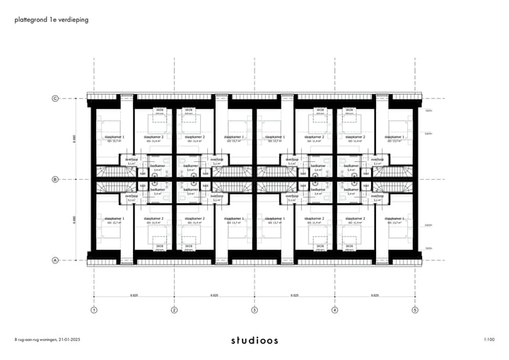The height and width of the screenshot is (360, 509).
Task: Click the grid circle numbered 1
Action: tap(93, 310)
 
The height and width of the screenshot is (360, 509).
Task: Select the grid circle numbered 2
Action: tap(174, 310)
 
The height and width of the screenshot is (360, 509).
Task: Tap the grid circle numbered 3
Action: tap(255, 310)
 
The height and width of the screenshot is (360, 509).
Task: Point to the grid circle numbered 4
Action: tap(334, 310)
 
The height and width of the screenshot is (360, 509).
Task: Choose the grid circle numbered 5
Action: tap(415, 310)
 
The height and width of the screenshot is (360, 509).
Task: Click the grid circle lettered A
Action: tap(55, 260)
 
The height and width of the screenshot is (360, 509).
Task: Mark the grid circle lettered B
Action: tap(55, 180)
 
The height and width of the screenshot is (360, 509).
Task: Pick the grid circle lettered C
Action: tap(55, 98)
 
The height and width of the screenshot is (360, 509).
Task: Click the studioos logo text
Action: tap(255, 340)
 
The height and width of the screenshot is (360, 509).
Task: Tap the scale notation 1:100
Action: tap(489, 340)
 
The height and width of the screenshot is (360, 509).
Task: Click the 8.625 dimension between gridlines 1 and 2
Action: tap(134, 295)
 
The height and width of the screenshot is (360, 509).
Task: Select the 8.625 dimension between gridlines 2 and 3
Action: tap(214, 295)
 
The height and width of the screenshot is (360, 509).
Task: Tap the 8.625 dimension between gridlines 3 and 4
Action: tap(294, 295)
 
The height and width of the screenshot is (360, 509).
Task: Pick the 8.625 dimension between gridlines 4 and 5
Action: tap(375, 295)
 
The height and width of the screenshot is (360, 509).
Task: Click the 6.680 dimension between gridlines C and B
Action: tap(73, 139)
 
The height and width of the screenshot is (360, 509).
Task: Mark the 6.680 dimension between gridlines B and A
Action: tap(73, 220)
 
